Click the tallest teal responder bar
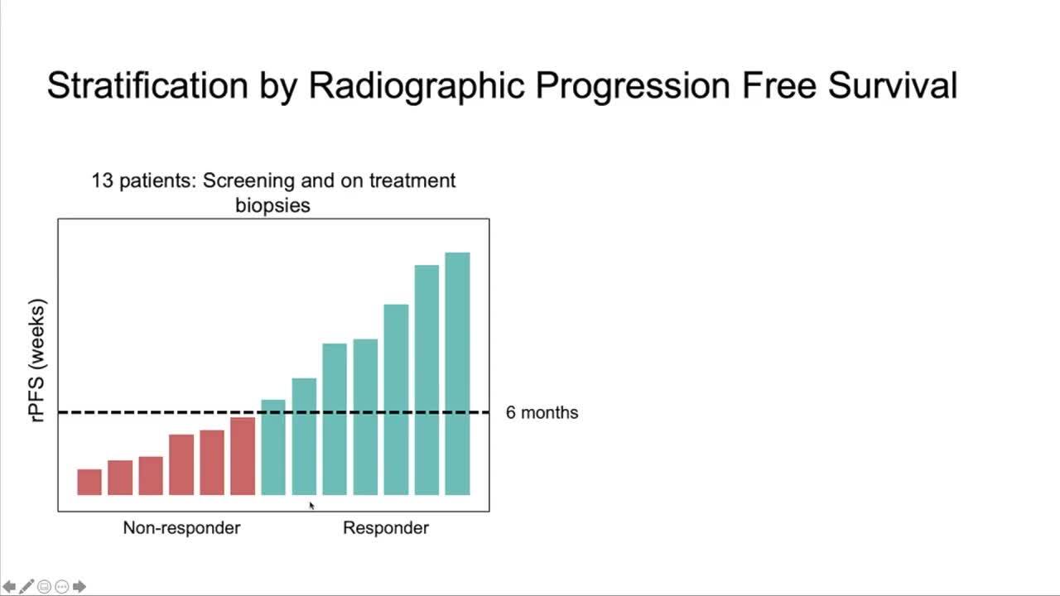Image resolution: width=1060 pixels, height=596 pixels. coord(458,373)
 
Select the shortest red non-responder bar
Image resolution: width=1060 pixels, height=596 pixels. coord(89,482)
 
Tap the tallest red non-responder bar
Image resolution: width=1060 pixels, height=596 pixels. coord(243,456)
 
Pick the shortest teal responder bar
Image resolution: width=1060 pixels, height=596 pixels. coord(273,448)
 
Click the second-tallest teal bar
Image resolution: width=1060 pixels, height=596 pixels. coord(426,380)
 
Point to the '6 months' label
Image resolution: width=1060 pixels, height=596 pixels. coord(542,412)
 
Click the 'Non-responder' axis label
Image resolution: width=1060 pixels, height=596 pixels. coord(181,528)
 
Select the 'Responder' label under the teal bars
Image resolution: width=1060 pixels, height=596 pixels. coord(386,528)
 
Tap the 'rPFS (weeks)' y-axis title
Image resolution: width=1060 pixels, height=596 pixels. coord(37,360)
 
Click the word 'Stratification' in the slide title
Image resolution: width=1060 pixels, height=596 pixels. coord(147,85)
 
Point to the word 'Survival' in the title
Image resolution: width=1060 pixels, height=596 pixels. coord(893,85)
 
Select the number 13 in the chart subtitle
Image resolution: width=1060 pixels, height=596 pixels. coord(102,180)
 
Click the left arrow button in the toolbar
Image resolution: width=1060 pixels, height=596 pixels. coord(9,587)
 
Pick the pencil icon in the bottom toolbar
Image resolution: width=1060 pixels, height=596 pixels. coord(26,587)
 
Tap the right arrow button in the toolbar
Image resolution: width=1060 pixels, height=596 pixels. coord(79,587)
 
